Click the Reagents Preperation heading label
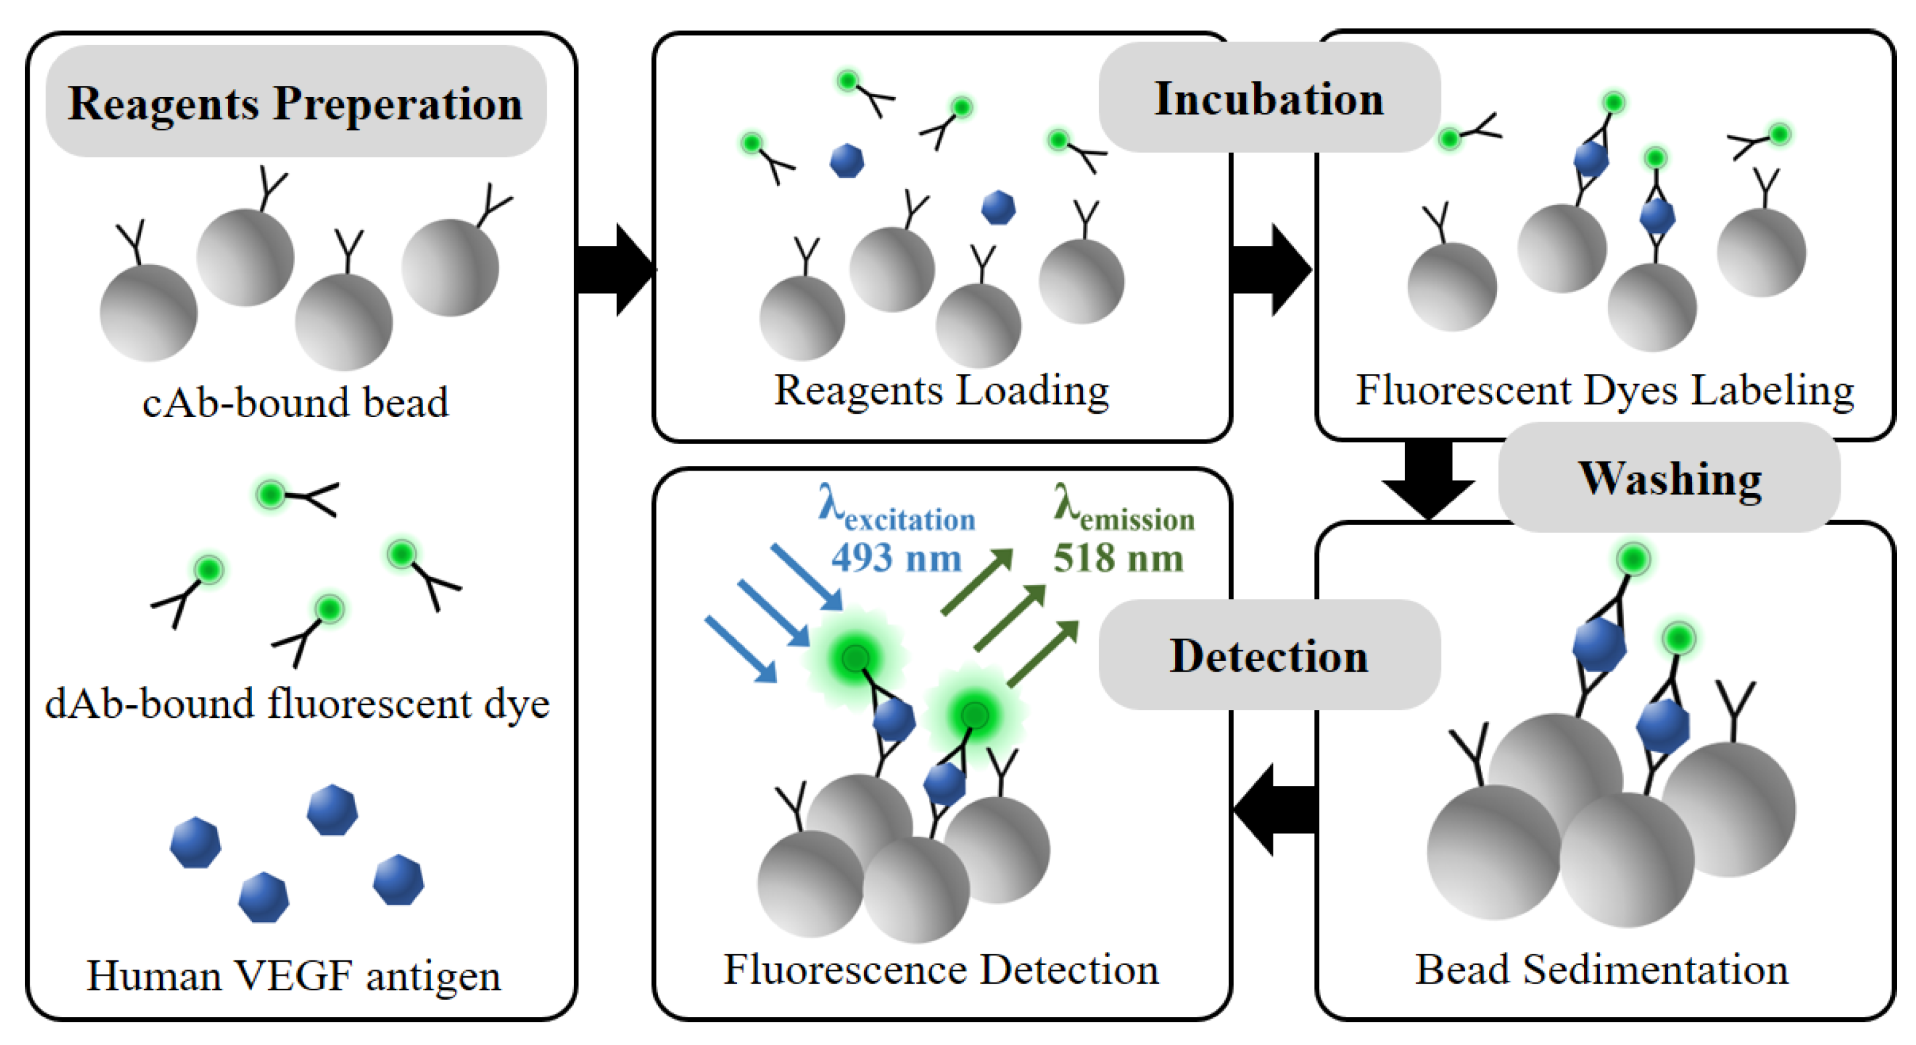coord(296,102)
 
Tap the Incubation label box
coord(1268,98)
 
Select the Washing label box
coord(1669,477)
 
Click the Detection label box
coord(1268,655)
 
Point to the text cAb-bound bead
coord(296,403)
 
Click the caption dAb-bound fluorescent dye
coord(297,703)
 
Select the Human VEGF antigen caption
coord(294,975)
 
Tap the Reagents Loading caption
coord(941,390)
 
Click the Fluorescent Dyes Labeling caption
coord(1605,390)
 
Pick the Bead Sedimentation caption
coord(1601,969)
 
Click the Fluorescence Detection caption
coord(941,969)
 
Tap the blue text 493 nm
coord(897,558)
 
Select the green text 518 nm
coord(1117,558)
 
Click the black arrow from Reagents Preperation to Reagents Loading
coord(614,269)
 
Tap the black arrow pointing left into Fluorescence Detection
coord(1273,809)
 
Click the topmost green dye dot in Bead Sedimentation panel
coord(1633,559)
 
